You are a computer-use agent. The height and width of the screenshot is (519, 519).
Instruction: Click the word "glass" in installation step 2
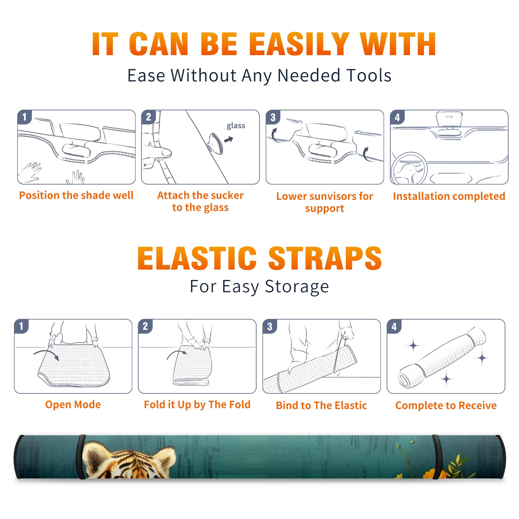(x=236, y=126)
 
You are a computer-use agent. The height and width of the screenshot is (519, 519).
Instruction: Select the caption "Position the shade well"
(x=76, y=195)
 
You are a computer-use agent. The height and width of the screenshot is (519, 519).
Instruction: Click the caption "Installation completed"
(x=449, y=196)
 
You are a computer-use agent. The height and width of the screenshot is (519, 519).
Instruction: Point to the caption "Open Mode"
(x=73, y=404)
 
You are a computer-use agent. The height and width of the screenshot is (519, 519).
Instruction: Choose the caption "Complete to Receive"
(x=446, y=405)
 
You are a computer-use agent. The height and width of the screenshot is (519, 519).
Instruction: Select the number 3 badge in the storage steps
(x=270, y=327)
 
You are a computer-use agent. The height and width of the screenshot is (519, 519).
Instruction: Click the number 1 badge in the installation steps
(x=24, y=117)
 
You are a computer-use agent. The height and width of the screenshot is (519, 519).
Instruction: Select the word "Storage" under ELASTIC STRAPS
(x=297, y=287)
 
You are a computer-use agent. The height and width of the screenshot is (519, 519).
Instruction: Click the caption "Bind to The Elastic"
(x=321, y=405)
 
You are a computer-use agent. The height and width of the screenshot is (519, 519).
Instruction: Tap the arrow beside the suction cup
(x=229, y=139)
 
